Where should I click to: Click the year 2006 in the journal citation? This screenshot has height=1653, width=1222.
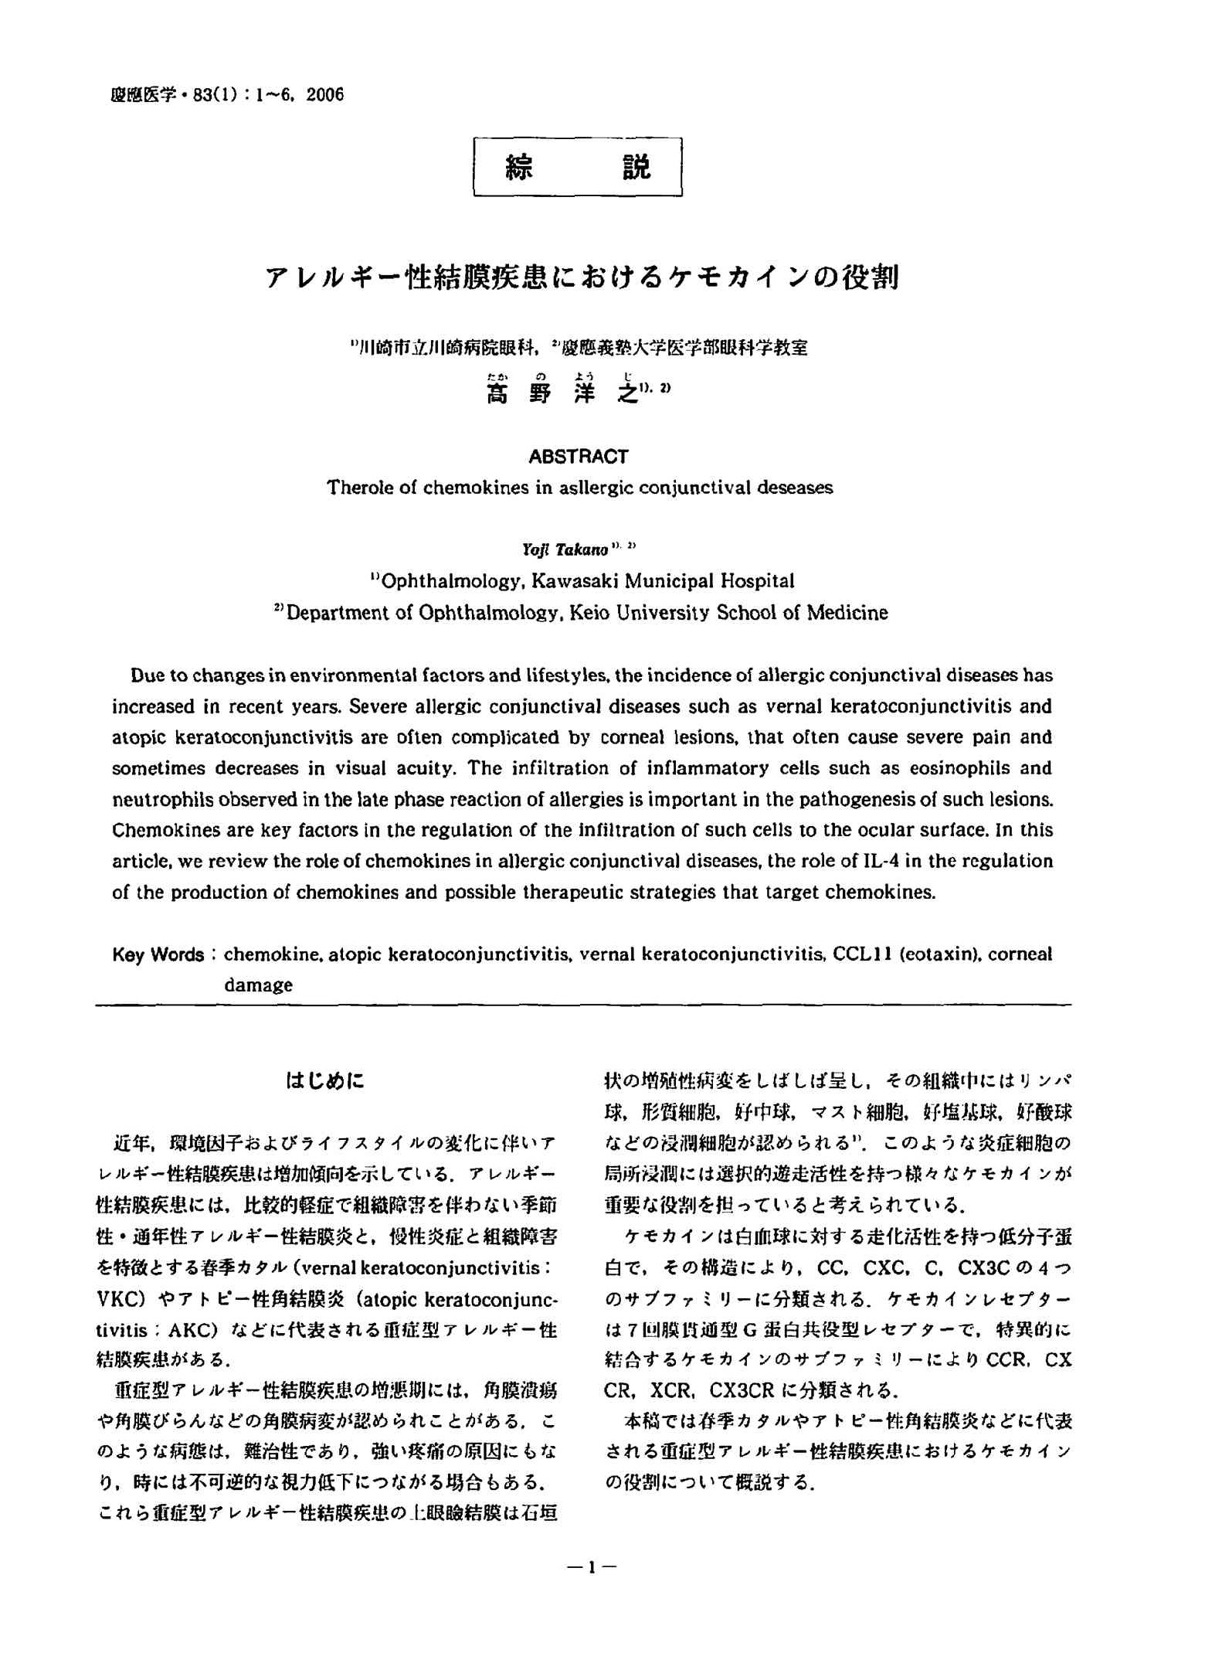point(325,95)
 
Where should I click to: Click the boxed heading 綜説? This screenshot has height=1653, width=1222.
point(577,167)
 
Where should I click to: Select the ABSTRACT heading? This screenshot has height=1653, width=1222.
point(578,457)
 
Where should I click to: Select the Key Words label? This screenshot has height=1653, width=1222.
point(158,954)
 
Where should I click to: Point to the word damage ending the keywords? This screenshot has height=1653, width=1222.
point(258,985)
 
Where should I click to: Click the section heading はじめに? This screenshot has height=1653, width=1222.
point(324,1080)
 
